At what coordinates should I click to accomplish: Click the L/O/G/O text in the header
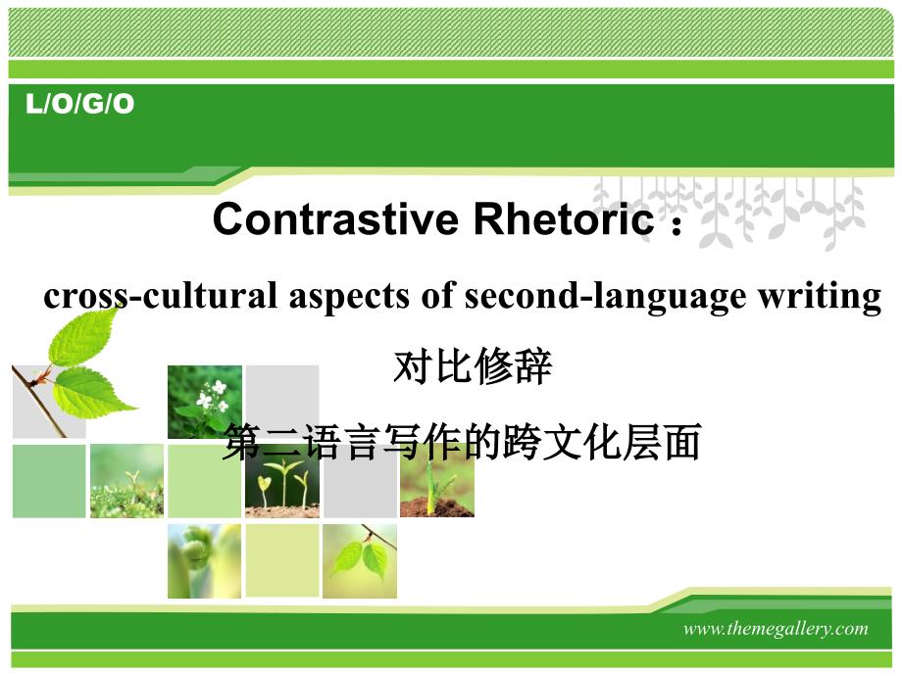coord(80,104)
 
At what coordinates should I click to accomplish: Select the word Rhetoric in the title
coord(564,219)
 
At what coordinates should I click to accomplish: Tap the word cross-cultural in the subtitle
coord(161,297)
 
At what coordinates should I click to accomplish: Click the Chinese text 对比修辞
coord(473,366)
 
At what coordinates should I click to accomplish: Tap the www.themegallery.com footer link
coord(776,628)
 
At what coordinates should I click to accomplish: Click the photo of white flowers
coord(205,402)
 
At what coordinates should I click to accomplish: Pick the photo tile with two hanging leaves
coord(360,561)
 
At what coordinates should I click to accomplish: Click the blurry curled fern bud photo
coord(204,561)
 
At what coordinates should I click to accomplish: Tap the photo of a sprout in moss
coord(126,481)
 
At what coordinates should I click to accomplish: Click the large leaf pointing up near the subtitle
coord(83,337)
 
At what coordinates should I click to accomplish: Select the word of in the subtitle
coord(436,296)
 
